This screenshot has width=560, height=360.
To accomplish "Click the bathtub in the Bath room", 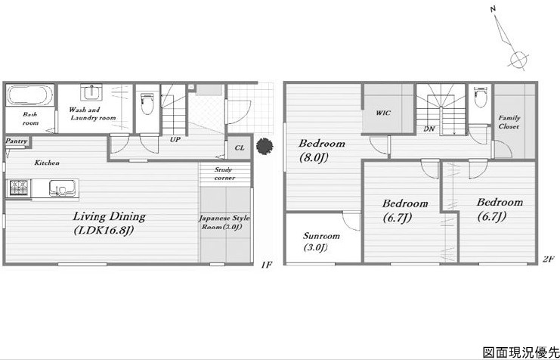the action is (x=30, y=95).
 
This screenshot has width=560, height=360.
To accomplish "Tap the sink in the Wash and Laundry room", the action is (x=91, y=92).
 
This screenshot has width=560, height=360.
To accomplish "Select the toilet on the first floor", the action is (x=147, y=103).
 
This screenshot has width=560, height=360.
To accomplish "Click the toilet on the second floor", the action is (x=481, y=97).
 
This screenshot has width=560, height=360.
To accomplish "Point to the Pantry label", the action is (x=17, y=141).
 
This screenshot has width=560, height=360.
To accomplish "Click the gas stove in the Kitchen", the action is (x=19, y=188).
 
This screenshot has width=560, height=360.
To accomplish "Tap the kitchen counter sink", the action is (x=62, y=188).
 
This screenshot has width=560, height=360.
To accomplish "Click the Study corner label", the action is (x=224, y=174).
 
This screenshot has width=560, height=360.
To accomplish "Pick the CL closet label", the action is (x=240, y=147).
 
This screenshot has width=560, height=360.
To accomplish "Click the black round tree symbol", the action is (x=265, y=146).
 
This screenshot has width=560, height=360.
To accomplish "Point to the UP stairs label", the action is (x=175, y=140).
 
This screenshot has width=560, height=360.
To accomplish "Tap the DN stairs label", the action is (x=429, y=129).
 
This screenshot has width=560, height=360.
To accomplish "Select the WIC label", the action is (x=383, y=113).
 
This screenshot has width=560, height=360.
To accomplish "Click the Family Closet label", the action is (x=509, y=122).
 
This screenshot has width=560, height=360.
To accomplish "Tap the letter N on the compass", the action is (x=493, y=9).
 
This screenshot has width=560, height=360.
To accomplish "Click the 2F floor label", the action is (x=547, y=260).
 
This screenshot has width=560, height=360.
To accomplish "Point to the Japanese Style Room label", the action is (x=224, y=222).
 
